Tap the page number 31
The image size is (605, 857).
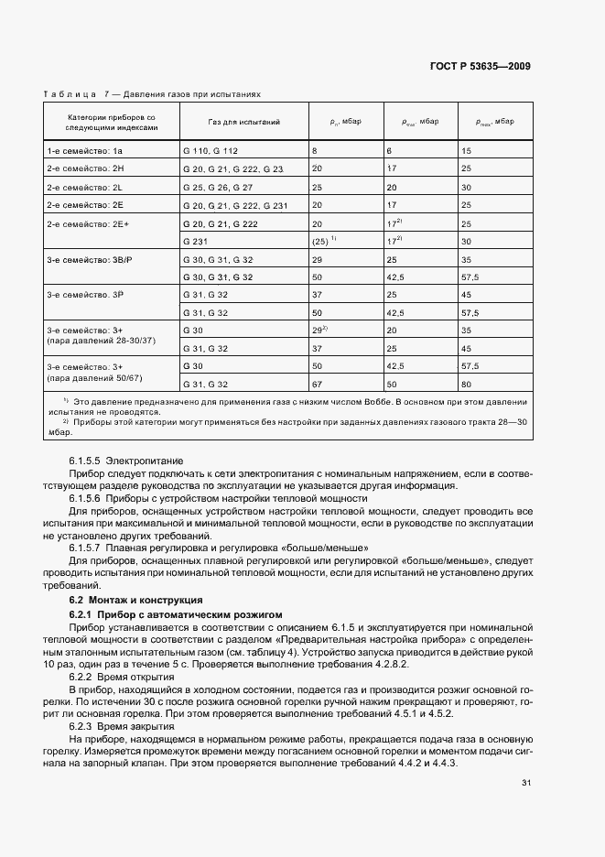click(x=525, y=782)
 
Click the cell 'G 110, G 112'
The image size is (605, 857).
click(x=210, y=150)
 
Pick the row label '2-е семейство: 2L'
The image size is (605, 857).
click(x=84, y=187)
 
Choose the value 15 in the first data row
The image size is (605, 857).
click(x=467, y=150)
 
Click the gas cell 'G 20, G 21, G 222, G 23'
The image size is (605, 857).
click(x=232, y=168)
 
